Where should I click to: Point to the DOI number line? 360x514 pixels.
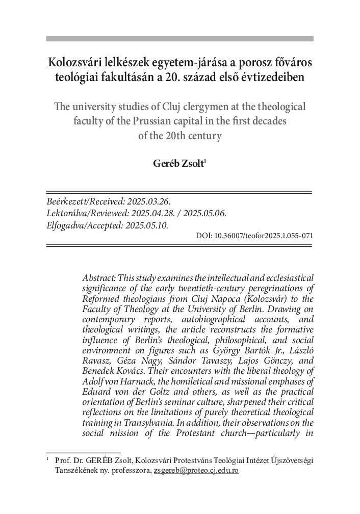click(x=254, y=236)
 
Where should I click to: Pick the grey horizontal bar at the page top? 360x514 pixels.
click(x=179, y=39)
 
